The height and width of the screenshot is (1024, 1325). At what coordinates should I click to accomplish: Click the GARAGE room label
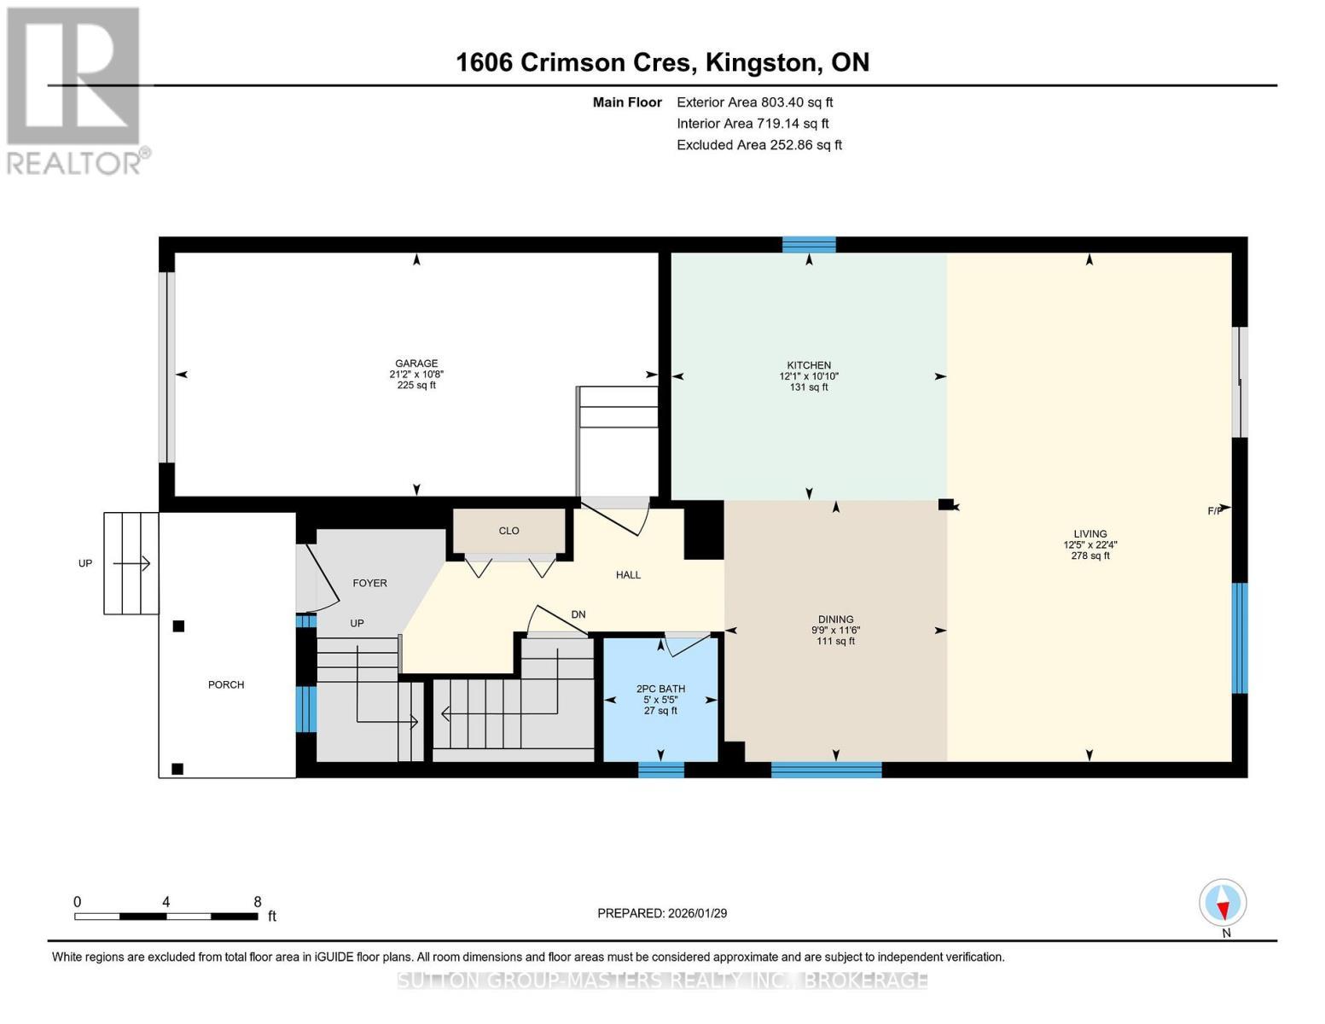416,364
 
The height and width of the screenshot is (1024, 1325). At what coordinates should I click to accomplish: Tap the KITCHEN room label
809,365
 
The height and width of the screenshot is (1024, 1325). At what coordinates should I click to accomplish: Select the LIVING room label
1090,534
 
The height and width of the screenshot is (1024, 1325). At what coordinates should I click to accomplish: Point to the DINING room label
835,620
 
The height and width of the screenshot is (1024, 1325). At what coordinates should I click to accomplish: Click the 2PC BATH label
660,689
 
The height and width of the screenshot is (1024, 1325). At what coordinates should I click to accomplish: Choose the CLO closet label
508,531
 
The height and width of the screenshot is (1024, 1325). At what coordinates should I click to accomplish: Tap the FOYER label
369,584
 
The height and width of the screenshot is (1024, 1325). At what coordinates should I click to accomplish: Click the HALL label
628,575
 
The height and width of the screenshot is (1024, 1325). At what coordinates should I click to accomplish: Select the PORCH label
226,684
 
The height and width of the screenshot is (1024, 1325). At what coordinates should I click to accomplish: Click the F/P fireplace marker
1215,511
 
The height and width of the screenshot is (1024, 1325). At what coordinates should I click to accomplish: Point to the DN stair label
578,614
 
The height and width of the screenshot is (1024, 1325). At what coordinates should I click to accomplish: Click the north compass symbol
1223,903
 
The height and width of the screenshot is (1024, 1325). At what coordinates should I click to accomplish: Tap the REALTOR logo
74,90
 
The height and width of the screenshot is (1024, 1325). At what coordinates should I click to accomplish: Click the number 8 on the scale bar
258,902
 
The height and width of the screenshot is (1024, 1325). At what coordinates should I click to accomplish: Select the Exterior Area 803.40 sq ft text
754,102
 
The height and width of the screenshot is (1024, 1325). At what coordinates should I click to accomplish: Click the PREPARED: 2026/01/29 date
662,913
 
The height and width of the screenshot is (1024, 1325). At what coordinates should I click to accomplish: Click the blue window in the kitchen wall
809,245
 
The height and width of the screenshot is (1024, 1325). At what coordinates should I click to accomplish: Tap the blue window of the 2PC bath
661,770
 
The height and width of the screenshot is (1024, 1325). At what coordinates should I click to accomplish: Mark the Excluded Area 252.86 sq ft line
758,145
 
